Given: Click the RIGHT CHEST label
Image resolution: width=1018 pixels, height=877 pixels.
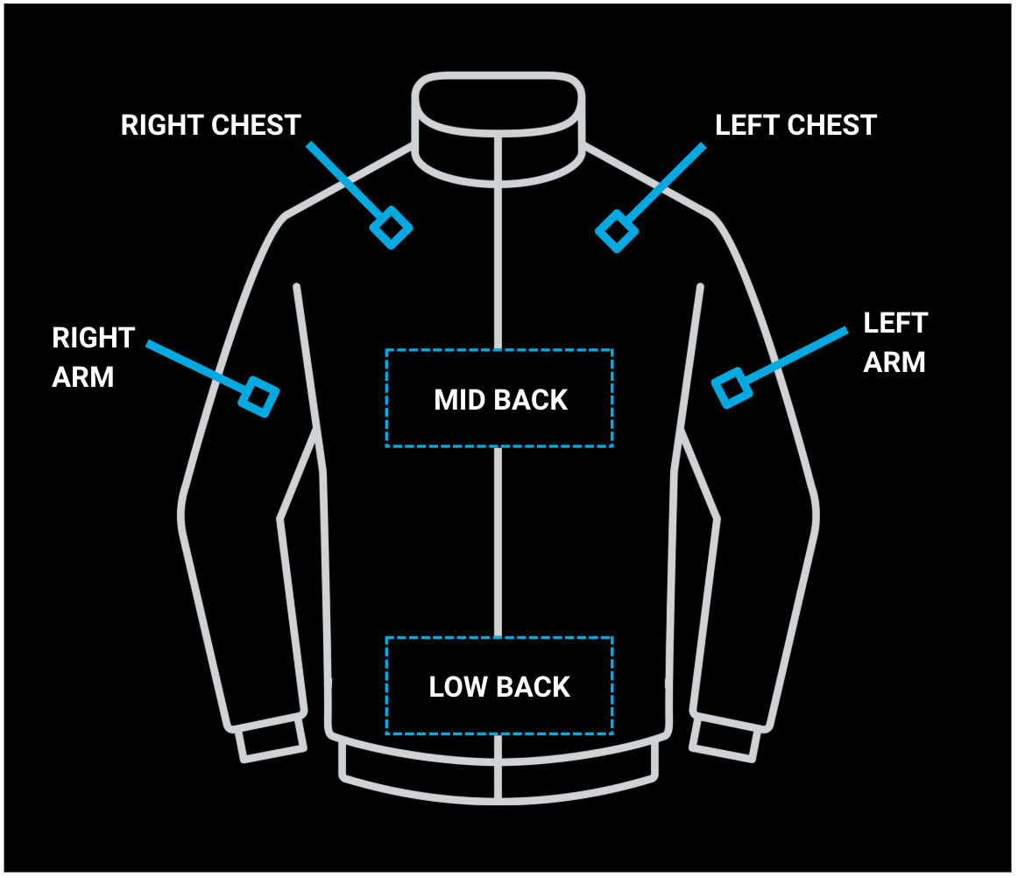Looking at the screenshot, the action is [x=211, y=125].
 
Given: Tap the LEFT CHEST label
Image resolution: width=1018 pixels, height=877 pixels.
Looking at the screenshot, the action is [x=796, y=125].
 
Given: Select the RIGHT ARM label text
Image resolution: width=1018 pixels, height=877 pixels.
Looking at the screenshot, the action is [x=94, y=357].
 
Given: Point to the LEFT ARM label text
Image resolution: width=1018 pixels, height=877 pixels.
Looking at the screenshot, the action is [x=895, y=342].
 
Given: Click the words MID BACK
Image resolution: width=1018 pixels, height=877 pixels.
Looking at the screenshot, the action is [x=500, y=400].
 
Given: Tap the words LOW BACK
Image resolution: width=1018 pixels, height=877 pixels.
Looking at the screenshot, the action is [x=499, y=687].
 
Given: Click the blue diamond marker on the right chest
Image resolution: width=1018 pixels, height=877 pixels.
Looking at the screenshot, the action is [x=392, y=228].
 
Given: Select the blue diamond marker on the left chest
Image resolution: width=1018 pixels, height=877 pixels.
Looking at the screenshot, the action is [x=616, y=232].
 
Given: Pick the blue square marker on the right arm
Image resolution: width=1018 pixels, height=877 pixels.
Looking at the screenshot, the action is [x=258, y=397].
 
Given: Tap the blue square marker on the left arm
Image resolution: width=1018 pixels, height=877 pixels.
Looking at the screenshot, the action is [x=732, y=388].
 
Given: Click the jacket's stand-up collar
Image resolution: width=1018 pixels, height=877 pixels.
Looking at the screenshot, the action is [x=498, y=130].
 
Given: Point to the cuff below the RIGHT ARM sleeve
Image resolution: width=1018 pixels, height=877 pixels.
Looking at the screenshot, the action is [x=270, y=740].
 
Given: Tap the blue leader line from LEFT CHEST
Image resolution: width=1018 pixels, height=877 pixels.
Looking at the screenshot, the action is [x=665, y=183].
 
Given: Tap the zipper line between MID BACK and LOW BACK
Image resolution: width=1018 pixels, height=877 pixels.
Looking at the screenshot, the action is [x=498, y=543].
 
